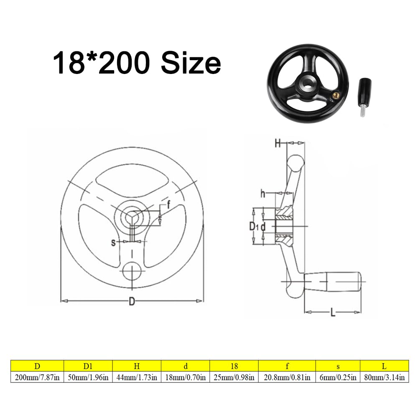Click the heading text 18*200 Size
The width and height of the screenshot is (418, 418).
[x=137, y=63]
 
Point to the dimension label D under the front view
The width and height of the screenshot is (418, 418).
[x=132, y=301]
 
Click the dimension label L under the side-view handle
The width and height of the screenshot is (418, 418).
[x=333, y=313]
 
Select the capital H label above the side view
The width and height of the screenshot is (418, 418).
[x=278, y=143]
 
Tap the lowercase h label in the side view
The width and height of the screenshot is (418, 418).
[x=263, y=194]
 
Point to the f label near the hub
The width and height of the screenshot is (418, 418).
[x=168, y=205]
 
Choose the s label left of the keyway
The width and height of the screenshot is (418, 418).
[x=113, y=242]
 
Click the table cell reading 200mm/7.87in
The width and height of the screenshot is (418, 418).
[x=37, y=377]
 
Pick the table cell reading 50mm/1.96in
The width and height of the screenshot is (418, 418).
[x=88, y=377]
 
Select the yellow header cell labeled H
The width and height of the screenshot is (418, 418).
[x=137, y=366]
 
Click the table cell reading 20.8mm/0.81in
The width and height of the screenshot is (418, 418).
[x=287, y=377]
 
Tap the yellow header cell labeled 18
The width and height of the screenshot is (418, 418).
[x=234, y=366]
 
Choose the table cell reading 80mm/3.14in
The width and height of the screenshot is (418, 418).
[x=384, y=377]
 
